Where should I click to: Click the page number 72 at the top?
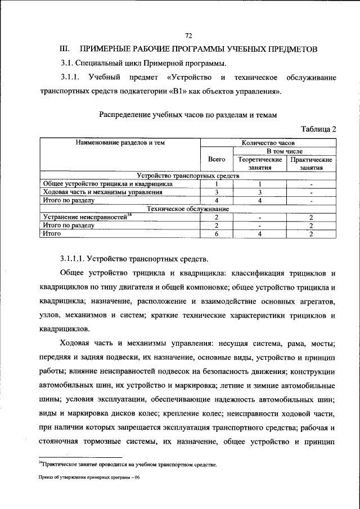point(188,35)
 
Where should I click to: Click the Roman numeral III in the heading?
point(66,49)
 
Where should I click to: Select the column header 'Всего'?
point(217,159)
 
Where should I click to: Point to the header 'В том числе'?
point(284,151)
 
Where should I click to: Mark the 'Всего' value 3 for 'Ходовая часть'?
point(217,192)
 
